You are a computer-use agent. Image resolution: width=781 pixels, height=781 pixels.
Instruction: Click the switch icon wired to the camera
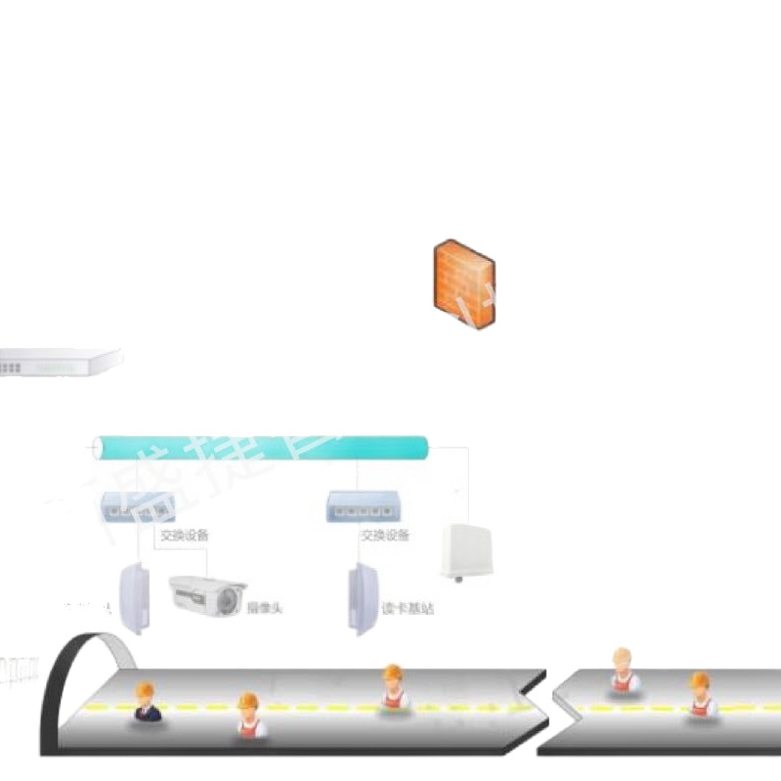pos(130,506)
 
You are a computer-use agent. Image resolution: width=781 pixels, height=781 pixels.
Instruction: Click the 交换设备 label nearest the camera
pos(184,536)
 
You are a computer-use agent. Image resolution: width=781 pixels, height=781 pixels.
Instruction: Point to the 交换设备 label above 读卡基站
pos(385,536)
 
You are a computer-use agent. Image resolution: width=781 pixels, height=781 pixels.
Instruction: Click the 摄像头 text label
pos(264,608)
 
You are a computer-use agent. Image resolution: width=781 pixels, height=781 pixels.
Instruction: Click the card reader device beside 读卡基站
pos(363,597)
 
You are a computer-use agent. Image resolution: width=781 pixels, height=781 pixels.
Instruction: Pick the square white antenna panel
pos(468,548)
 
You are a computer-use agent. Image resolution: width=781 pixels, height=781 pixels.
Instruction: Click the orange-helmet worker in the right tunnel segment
pos(700,695)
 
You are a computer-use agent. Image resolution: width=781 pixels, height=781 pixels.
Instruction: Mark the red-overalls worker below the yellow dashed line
pos(249,716)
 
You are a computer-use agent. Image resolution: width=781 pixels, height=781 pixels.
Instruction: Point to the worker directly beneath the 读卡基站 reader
pos(393,686)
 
